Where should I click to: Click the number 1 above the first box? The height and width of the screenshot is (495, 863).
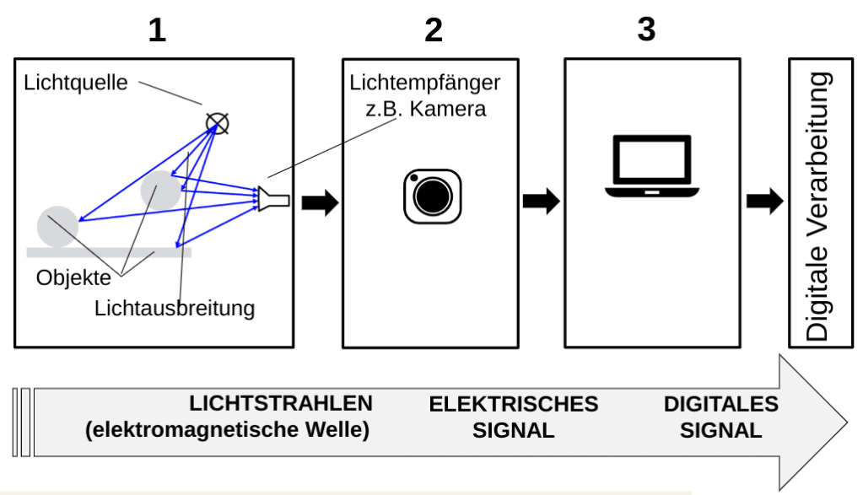(157, 30)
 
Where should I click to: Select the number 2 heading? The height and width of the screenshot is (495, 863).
(433, 30)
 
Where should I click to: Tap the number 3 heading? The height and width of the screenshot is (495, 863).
(646, 30)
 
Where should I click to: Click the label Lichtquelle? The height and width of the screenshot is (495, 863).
(75, 83)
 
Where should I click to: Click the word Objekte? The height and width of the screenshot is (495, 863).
(73, 277)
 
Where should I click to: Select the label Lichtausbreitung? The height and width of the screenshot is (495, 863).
(174, 308)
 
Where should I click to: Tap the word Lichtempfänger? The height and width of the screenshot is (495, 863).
(425, 83)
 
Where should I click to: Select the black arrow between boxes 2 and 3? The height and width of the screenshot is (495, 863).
(541, 202)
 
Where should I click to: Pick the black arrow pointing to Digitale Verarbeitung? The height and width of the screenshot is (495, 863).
(763, 202)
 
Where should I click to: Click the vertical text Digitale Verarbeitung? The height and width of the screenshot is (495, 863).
(817, 206)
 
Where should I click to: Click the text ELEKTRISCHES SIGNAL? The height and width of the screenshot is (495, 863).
(514, 417)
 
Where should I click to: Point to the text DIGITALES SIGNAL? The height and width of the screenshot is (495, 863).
(721, 417)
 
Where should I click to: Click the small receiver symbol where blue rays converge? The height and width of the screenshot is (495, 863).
(274, 200)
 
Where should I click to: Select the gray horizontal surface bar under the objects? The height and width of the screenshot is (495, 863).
(109, 251)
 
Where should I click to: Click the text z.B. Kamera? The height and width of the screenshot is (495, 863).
(432, 109)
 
